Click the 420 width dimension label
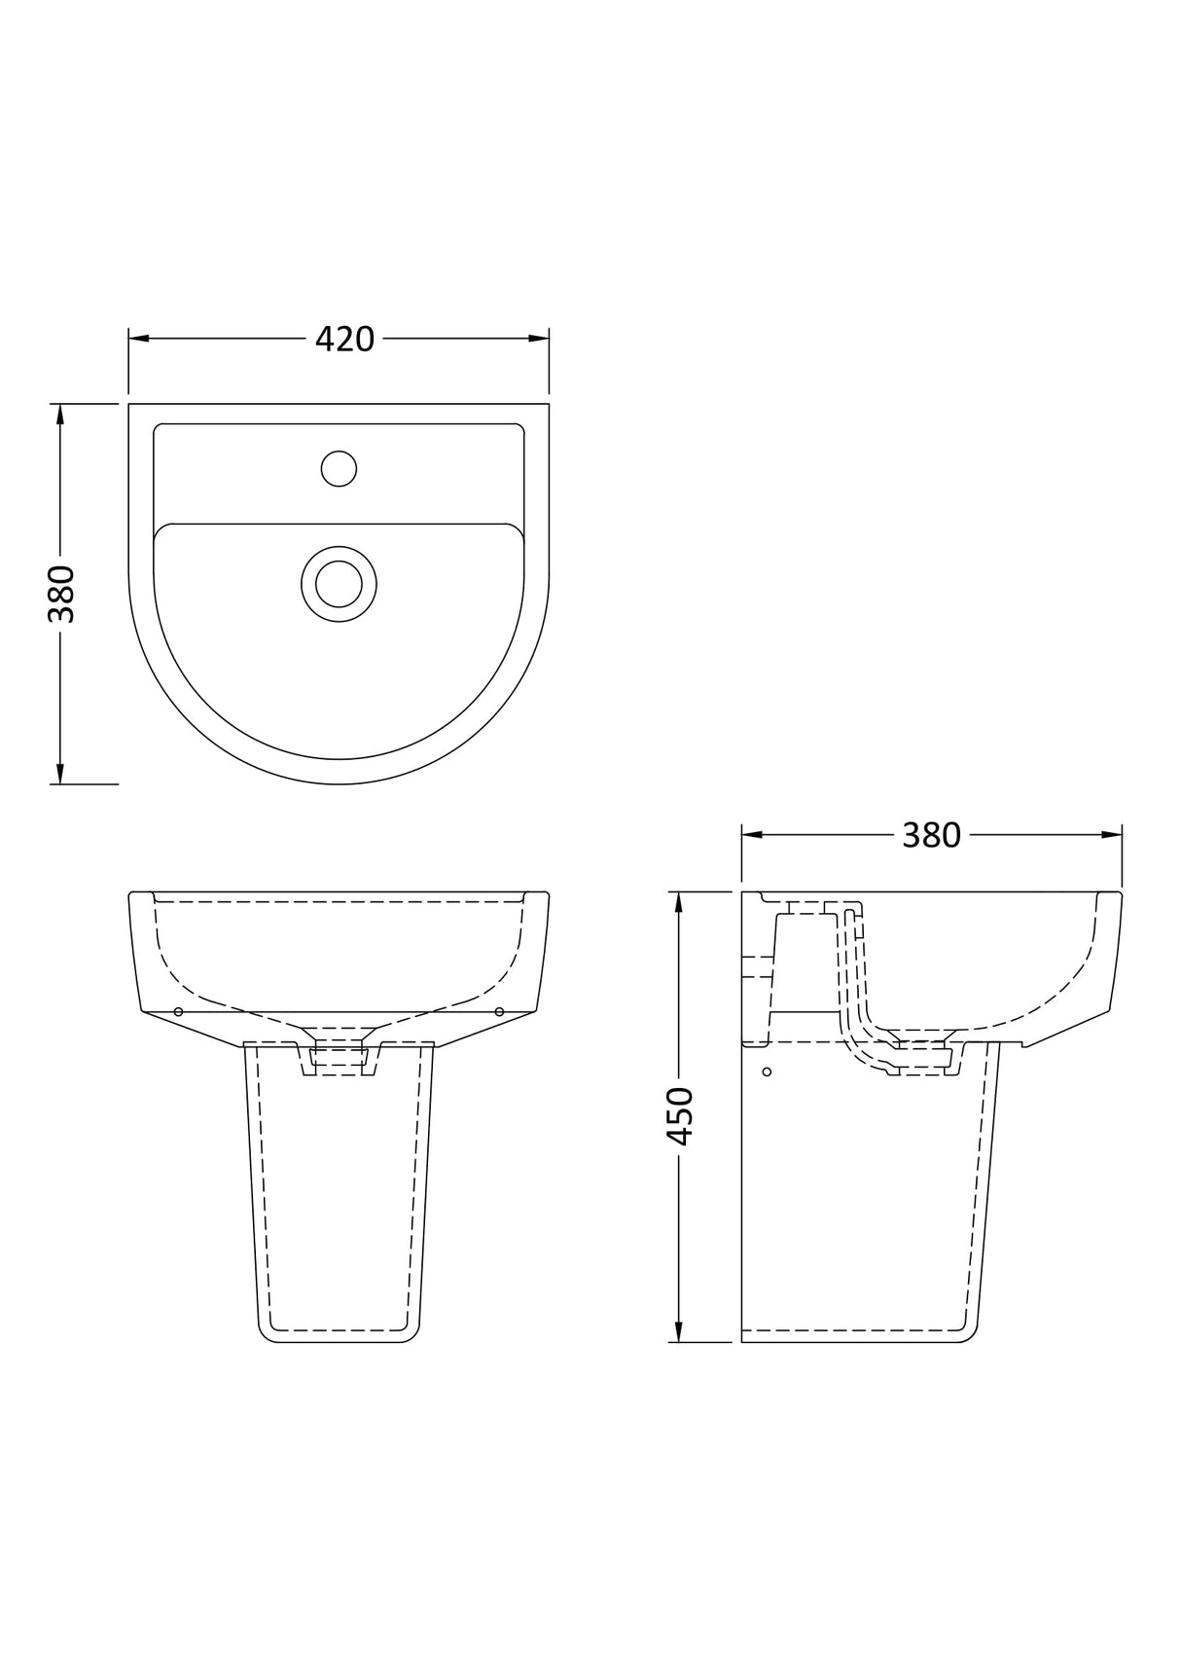pos(344,339)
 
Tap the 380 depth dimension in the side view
pos(931,835)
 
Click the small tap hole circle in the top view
pos(339,468)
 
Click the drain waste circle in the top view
pos(339,584)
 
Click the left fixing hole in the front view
pos(178,1012)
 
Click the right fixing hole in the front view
pos(499,1012)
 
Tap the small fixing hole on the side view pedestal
pos(768,1072)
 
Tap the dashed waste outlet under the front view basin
pos(338,1059)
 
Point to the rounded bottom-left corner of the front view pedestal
pos(265,1335)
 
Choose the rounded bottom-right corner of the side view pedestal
pos(969,1335)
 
